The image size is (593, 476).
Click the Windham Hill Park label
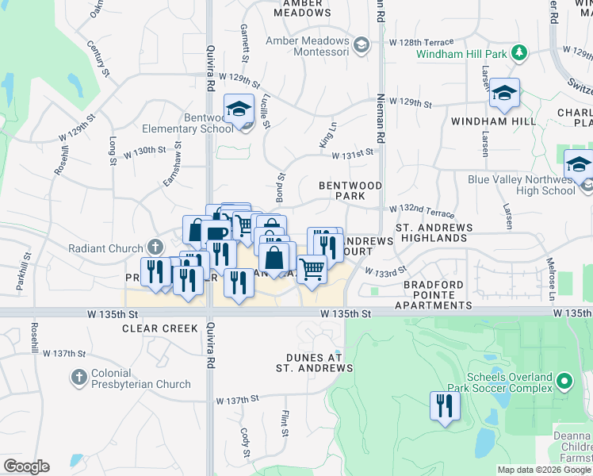(462, 54)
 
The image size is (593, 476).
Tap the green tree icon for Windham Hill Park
(518, 53)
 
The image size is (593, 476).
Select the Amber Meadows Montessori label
(308, 46)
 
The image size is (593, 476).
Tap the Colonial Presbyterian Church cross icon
(78, 378)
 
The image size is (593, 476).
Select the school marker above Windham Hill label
(504, 93)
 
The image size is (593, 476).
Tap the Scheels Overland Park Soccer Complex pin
(564, 382)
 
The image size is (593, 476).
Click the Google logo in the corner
(26, 466)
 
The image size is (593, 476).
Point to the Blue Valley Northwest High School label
(521, 185)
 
